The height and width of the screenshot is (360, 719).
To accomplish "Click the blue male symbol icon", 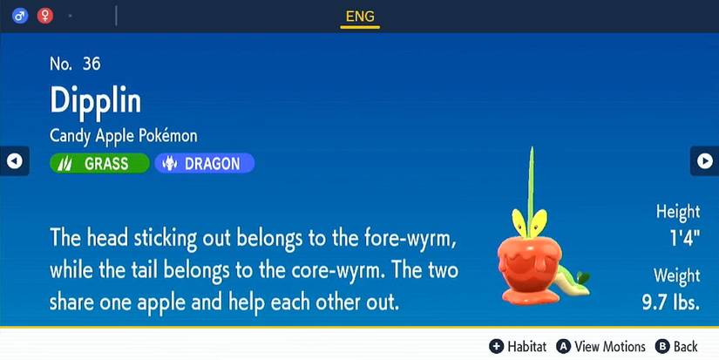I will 20,15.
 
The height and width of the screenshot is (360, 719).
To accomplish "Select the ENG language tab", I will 360,15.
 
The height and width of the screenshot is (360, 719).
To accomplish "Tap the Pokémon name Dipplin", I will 96,100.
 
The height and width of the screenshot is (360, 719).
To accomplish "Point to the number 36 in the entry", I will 92,63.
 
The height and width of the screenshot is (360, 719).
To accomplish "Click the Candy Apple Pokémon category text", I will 124,136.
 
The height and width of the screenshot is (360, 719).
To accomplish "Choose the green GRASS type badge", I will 99,163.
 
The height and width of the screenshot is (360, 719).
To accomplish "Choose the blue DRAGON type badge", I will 204,163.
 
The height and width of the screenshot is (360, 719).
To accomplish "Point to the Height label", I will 678,212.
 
